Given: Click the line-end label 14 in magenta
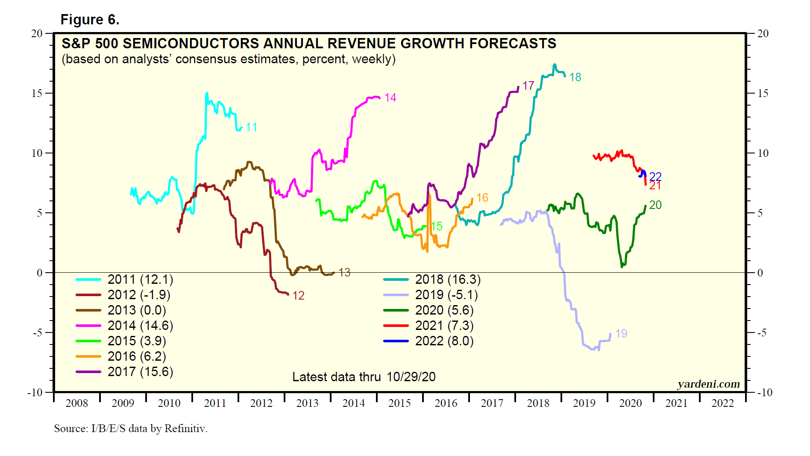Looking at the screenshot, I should (x=390, y=98).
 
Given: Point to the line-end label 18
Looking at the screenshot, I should (x=575, y=77).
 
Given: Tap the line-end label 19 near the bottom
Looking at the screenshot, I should (x=621, y=334).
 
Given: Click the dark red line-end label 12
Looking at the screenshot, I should (x=298, y=296).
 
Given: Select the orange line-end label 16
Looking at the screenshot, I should (x=482, y=198).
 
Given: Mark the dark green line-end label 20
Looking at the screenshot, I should (x=655, y=205).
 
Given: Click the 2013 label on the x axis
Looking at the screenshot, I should (x=307, y=403).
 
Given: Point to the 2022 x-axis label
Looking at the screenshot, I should (x=722, y=403).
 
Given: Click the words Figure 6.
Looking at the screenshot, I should (x=90, y=20).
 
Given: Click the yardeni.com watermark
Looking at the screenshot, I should (x=708, y=384).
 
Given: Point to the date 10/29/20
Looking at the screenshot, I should (x=411, y=377).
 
